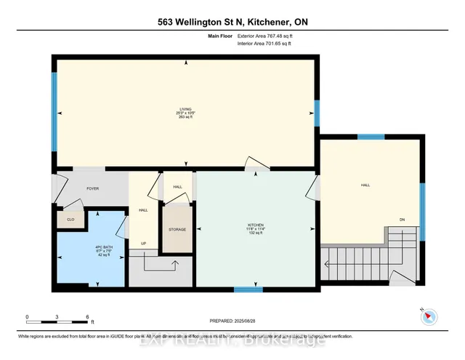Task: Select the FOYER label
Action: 92,188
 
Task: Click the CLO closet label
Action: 70,219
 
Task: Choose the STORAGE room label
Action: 177,229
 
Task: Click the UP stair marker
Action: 144,244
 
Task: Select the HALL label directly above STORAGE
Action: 177,187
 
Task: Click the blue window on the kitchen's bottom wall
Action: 248,289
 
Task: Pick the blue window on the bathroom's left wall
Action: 53,248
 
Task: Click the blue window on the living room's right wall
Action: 316,113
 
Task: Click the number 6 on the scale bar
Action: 87,318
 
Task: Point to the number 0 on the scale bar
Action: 27,318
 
